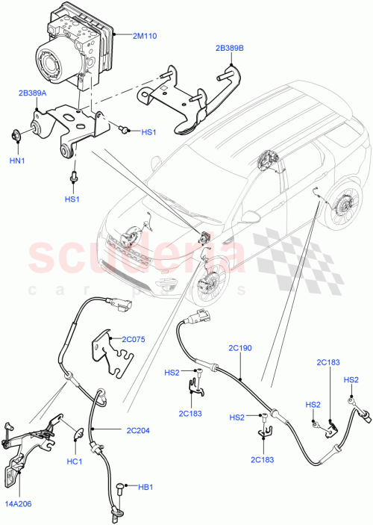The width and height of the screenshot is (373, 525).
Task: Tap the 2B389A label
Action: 33,93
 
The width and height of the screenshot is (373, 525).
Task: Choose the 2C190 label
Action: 239,347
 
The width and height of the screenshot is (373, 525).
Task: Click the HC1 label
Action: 74,461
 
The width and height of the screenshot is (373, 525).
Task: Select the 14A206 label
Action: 19,504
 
